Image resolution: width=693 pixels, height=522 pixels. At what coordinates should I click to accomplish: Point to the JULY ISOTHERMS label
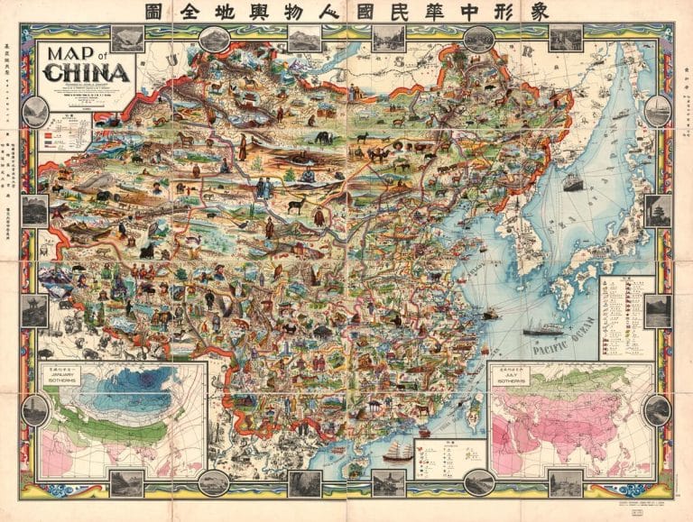511,379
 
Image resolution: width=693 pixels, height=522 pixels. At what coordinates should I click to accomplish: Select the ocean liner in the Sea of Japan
573,180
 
